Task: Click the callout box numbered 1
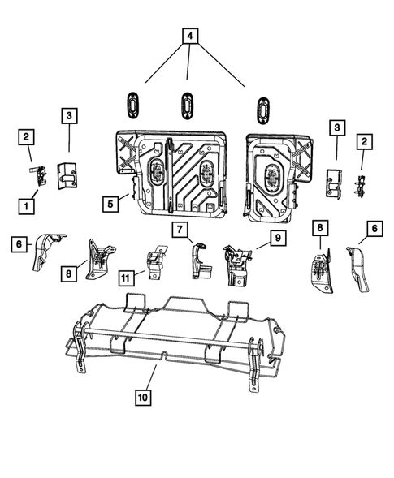(x=28, y=206)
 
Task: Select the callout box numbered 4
(x=188, y=37)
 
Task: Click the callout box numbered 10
(x=144, y=397)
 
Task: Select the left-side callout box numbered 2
(x=27, y=136)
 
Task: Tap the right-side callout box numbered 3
(x=335, y=128)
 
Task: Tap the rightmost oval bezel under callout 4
(x=263, y=109)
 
